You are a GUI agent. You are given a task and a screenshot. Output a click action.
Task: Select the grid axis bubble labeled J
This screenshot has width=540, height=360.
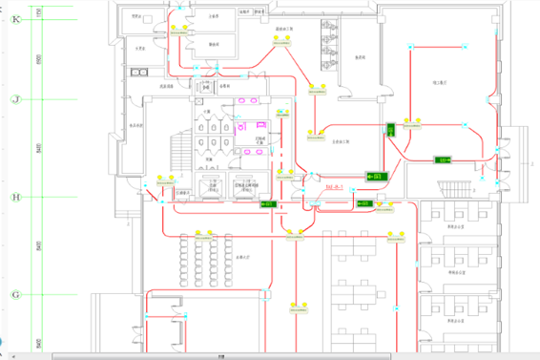[14, 98]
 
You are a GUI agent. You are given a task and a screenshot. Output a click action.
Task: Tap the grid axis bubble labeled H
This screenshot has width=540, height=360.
[14, 199]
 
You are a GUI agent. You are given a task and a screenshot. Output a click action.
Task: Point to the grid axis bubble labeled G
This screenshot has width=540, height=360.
[14, 295]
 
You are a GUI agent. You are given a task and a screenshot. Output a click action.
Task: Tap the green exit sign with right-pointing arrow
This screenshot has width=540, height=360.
[444, 160]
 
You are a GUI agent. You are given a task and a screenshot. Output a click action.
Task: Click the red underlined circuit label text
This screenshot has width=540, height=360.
[334, 187]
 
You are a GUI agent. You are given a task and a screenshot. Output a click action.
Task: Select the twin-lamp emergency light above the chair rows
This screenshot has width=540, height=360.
[200, 233]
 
